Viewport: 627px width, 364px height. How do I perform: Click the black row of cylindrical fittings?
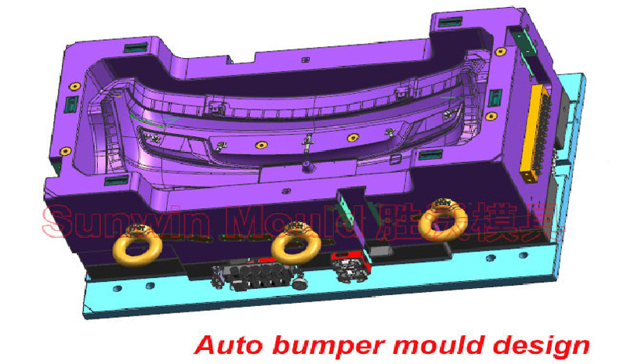pos(257,276)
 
